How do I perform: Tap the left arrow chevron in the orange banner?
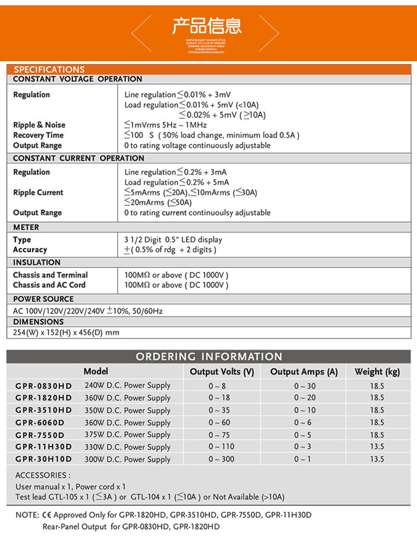pyautogui.click(x=140, y=33)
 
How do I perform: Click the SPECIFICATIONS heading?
pyautogui.click(x=49, y=70)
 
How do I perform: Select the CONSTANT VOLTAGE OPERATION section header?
pyautogui.click(x=78, y=79)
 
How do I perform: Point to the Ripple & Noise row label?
pyautogui.click(x=39, y=125)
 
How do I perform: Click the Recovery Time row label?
pyautogui.click(x=38, y=135)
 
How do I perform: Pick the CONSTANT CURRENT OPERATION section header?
pyautogui.click(x=79, y=158)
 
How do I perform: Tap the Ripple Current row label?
pyautogui.click(x=38, y=193)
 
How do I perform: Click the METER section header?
pyautogui.click(x=26, y=227)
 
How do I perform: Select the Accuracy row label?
pyautogui.click(x=30, y=250)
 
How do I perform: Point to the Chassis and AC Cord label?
pyautogui.click(x=49, y=285)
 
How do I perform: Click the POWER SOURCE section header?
pyautogui.click(x=43, y=299)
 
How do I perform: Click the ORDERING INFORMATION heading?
pyautogui.click(x=209, y=357)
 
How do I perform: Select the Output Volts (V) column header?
pyautogui.click(x=222, y=372)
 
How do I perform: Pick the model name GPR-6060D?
pyautogui.click(x=40, y=423)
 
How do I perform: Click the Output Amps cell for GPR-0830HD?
pyautogui.click(x=305, y=386)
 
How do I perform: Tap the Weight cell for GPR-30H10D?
pyautogui.click(x=377, y=460)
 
